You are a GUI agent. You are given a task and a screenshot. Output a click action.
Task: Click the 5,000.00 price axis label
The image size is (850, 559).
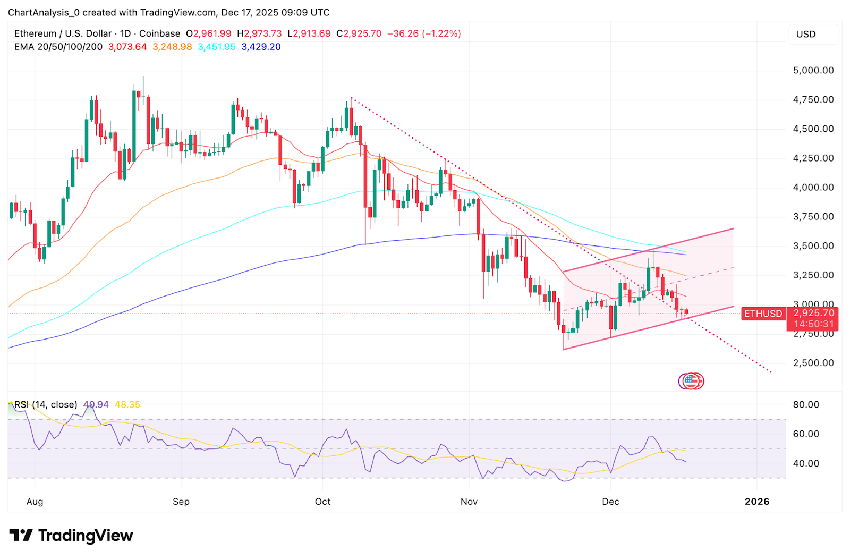(x=813, y=70)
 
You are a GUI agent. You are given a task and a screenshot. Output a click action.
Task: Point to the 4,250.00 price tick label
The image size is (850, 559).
(x=813, y=158)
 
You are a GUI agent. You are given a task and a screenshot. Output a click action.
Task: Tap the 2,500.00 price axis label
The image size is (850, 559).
(x=813, y=363)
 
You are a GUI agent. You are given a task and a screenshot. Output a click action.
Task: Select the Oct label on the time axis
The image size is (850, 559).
(x=322, y=502)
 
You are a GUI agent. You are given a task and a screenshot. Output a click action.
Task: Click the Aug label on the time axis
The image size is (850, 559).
(x=35, y=502)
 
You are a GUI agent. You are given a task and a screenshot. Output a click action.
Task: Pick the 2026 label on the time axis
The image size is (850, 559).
(x=757, y=502)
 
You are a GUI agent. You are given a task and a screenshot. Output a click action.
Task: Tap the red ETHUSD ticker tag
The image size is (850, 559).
(x=763, y=314)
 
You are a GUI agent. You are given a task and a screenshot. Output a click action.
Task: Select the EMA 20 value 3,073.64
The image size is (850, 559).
(x=127, y=47)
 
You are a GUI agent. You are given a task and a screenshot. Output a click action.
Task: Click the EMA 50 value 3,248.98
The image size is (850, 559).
(x=172, y=47)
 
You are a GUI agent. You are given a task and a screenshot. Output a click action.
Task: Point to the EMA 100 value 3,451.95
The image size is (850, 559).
(x=217, y=47)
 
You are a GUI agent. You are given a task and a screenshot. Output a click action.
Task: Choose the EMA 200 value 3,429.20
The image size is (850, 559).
(x=261, y=47)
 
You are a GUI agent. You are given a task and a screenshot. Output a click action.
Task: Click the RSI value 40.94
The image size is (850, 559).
(x=96, y=405)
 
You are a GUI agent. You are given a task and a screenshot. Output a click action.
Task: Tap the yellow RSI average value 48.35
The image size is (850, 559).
(x=127, y=405)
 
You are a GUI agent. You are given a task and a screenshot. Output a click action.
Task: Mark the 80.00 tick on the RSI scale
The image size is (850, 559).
(x=806, y=405)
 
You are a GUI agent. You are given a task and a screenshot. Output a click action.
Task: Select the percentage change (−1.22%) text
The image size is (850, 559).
(x=441, y=33)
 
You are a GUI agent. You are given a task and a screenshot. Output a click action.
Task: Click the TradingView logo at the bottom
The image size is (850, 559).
(x=71, y=536)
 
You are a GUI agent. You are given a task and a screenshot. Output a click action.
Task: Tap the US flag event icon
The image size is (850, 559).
(x=691, y=380)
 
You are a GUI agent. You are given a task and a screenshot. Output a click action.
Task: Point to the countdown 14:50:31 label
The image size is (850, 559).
(x=814, y=324)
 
